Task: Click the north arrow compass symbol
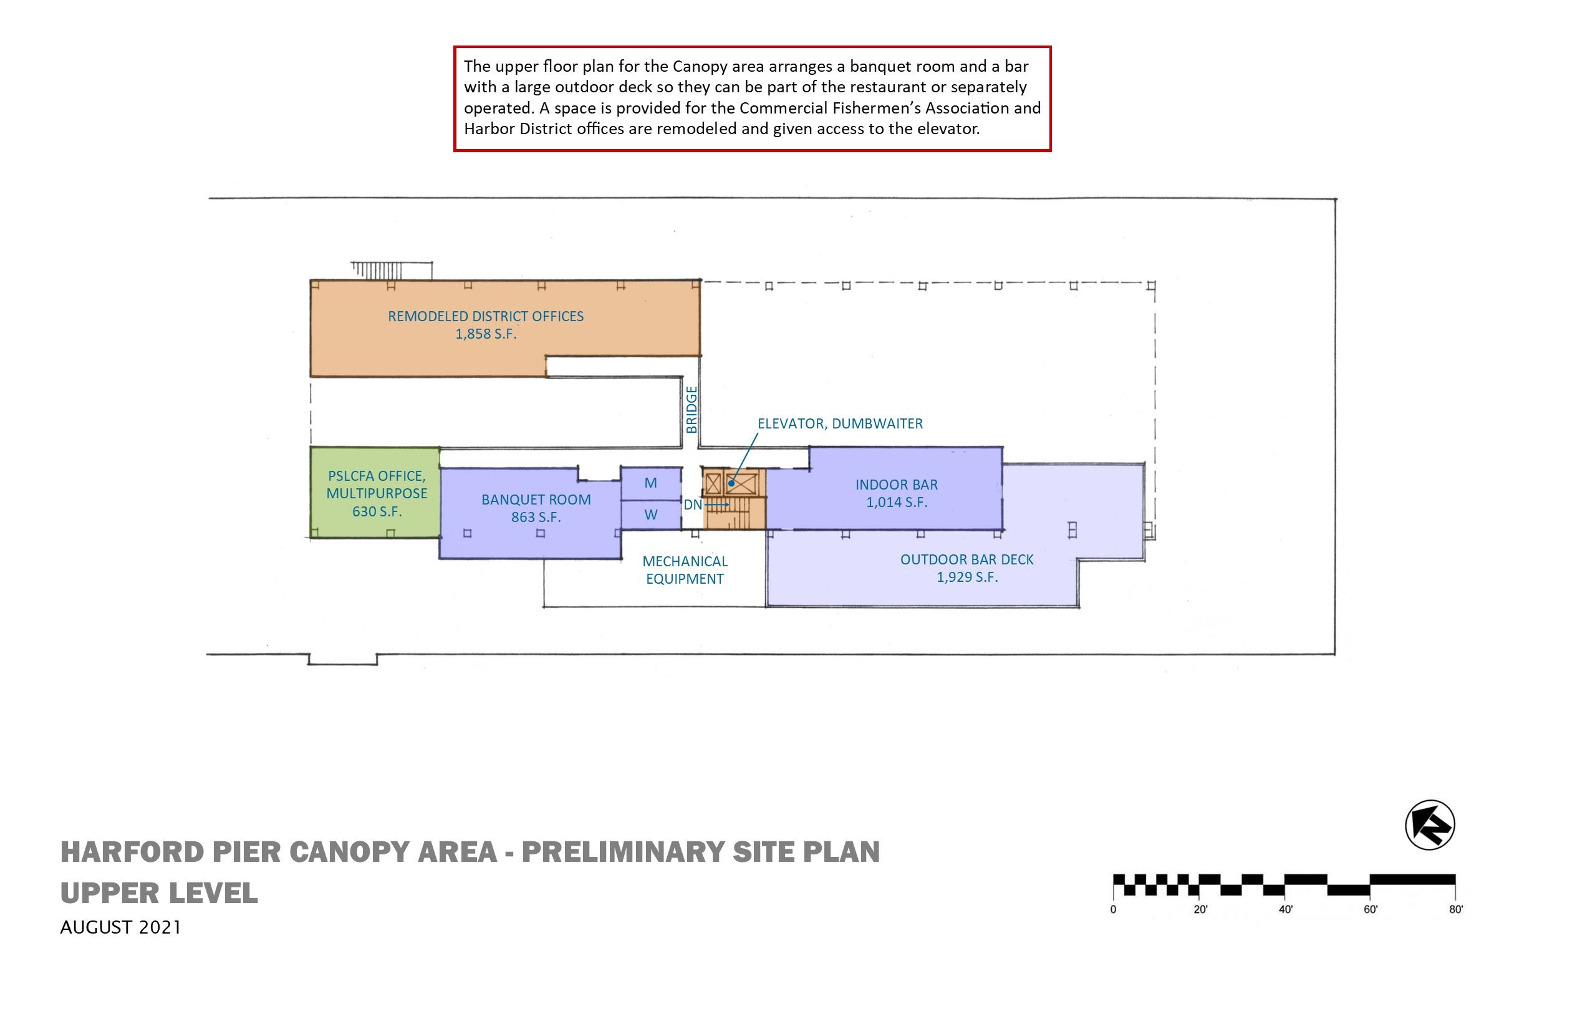click(1430, 824)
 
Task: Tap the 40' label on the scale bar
click(1285, 909)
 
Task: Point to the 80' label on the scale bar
click(1456, 909)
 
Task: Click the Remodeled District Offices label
click(486, 316)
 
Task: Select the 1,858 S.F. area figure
click(486, 334)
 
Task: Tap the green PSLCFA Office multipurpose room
click(375, 493)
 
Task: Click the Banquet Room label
click(536, 500)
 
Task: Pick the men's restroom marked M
click(651, 483)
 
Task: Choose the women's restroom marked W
click(651, 515)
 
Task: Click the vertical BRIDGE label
click(691, 410)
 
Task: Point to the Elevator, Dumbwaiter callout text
click(840, 423)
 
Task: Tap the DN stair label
click(692, 505)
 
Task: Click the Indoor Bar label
click(897, 485)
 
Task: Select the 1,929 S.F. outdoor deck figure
click(966, 577)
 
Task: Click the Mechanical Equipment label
click(685, 570)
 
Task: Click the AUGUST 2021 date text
click(120, 927)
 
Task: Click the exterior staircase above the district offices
click(391, 270)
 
